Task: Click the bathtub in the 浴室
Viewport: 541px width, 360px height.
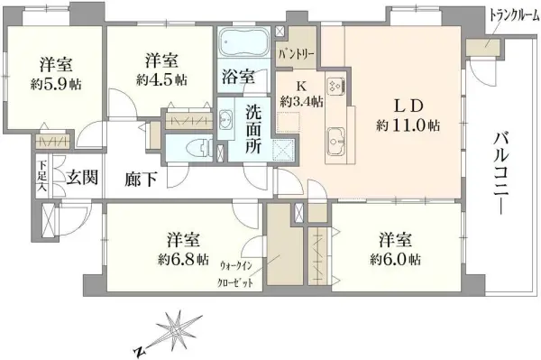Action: click(244, 42)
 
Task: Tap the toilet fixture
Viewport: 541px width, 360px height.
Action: click(198, 148)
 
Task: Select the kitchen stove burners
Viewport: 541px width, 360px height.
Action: click(335, 85)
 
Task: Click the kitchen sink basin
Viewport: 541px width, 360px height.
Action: click(336, 141)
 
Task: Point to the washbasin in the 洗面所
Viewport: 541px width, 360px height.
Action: click(225, 119)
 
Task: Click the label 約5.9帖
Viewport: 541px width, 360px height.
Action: click(56, 84)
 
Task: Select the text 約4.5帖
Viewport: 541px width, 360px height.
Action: click(161, 80)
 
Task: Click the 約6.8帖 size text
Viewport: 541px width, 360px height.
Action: click(184, 259)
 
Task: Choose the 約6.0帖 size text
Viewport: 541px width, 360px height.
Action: click(396, 259)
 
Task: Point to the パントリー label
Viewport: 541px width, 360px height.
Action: click(296, 54)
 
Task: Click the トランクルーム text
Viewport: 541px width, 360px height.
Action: click(511, 15)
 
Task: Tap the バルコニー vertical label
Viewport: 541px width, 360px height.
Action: click(500, 173)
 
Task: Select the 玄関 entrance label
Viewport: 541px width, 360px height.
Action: click(82, 178)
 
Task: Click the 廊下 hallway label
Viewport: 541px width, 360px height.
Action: click(141, 180)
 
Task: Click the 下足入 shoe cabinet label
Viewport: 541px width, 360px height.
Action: click(42, 175)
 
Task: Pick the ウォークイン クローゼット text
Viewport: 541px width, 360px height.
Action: click(236, 275)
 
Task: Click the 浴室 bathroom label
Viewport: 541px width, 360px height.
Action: click(239, 77)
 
